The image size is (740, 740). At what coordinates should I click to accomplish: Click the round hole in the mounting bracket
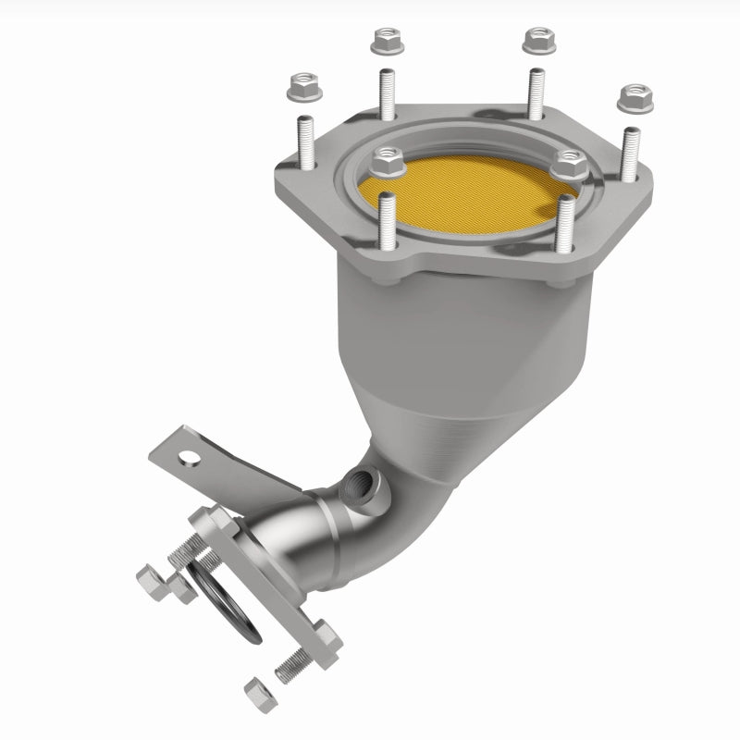[191, 456]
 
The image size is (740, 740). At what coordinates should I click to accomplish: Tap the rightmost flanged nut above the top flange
[635, 96]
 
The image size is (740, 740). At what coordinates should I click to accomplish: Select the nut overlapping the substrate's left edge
[386, 165]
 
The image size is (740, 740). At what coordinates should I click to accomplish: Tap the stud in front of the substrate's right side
[565, 224]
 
